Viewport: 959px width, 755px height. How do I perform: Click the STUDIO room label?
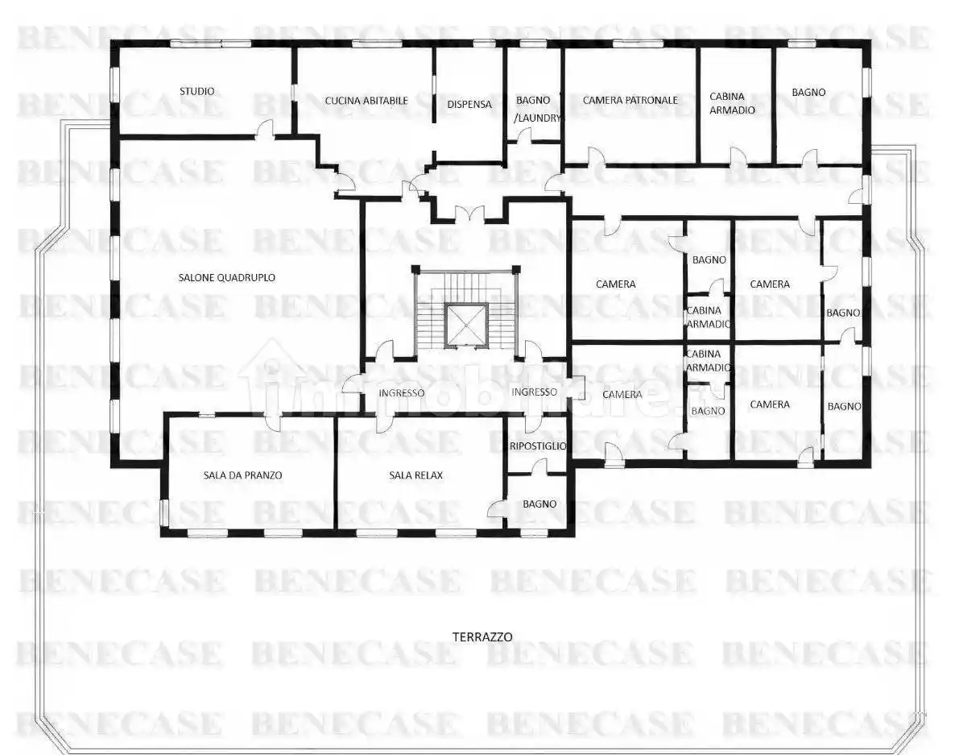coord(197,91)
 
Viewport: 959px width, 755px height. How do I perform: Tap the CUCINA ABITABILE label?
coord(366,101)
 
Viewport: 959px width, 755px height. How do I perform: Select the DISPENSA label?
coord(469,104)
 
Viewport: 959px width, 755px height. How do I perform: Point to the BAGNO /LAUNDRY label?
coord(535,109)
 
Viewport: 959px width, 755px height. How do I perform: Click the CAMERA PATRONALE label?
coord(630,100)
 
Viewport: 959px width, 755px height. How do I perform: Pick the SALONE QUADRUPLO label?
coord(227,277)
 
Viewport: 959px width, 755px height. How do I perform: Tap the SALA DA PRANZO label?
coord(243,475)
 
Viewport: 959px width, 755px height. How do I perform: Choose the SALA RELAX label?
coord(416,475)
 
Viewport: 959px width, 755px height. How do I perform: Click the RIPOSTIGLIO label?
coord(538,446)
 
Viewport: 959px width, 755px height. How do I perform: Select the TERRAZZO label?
coord(482,637)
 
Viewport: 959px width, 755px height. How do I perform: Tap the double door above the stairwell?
coord(469,214)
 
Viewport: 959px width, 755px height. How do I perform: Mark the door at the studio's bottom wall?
coord(265,128)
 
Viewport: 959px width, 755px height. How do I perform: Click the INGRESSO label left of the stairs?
coord(401,392)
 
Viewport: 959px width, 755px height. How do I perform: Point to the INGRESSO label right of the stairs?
coord(535,392)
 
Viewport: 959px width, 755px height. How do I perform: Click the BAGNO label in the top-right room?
coord(808,93)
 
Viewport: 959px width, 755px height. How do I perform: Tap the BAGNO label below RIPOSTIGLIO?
coord(539,504)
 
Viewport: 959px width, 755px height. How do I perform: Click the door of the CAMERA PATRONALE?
coord(597,156)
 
